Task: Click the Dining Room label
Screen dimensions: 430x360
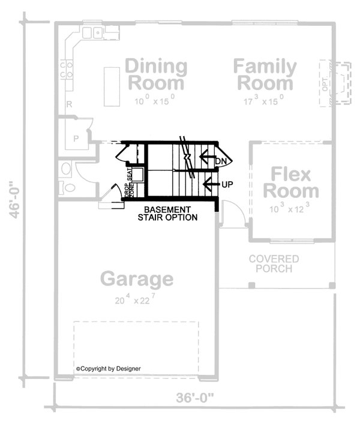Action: pyautogui.click(x=157, y=74)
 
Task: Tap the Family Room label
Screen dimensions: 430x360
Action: pyautogui.click(x=264, y=74)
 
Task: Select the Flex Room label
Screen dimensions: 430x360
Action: pyautogui.click(x=291, y=183)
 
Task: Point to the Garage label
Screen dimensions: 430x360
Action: pyautogui.click(x=137, y=279)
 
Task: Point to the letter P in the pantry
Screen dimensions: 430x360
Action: pyautogui.click(x=76, y=138)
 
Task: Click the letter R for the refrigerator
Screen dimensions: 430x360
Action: pyautogui.click(x=70, y=104)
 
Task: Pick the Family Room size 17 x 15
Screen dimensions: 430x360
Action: pyautogui.click(x=264, y=100)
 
